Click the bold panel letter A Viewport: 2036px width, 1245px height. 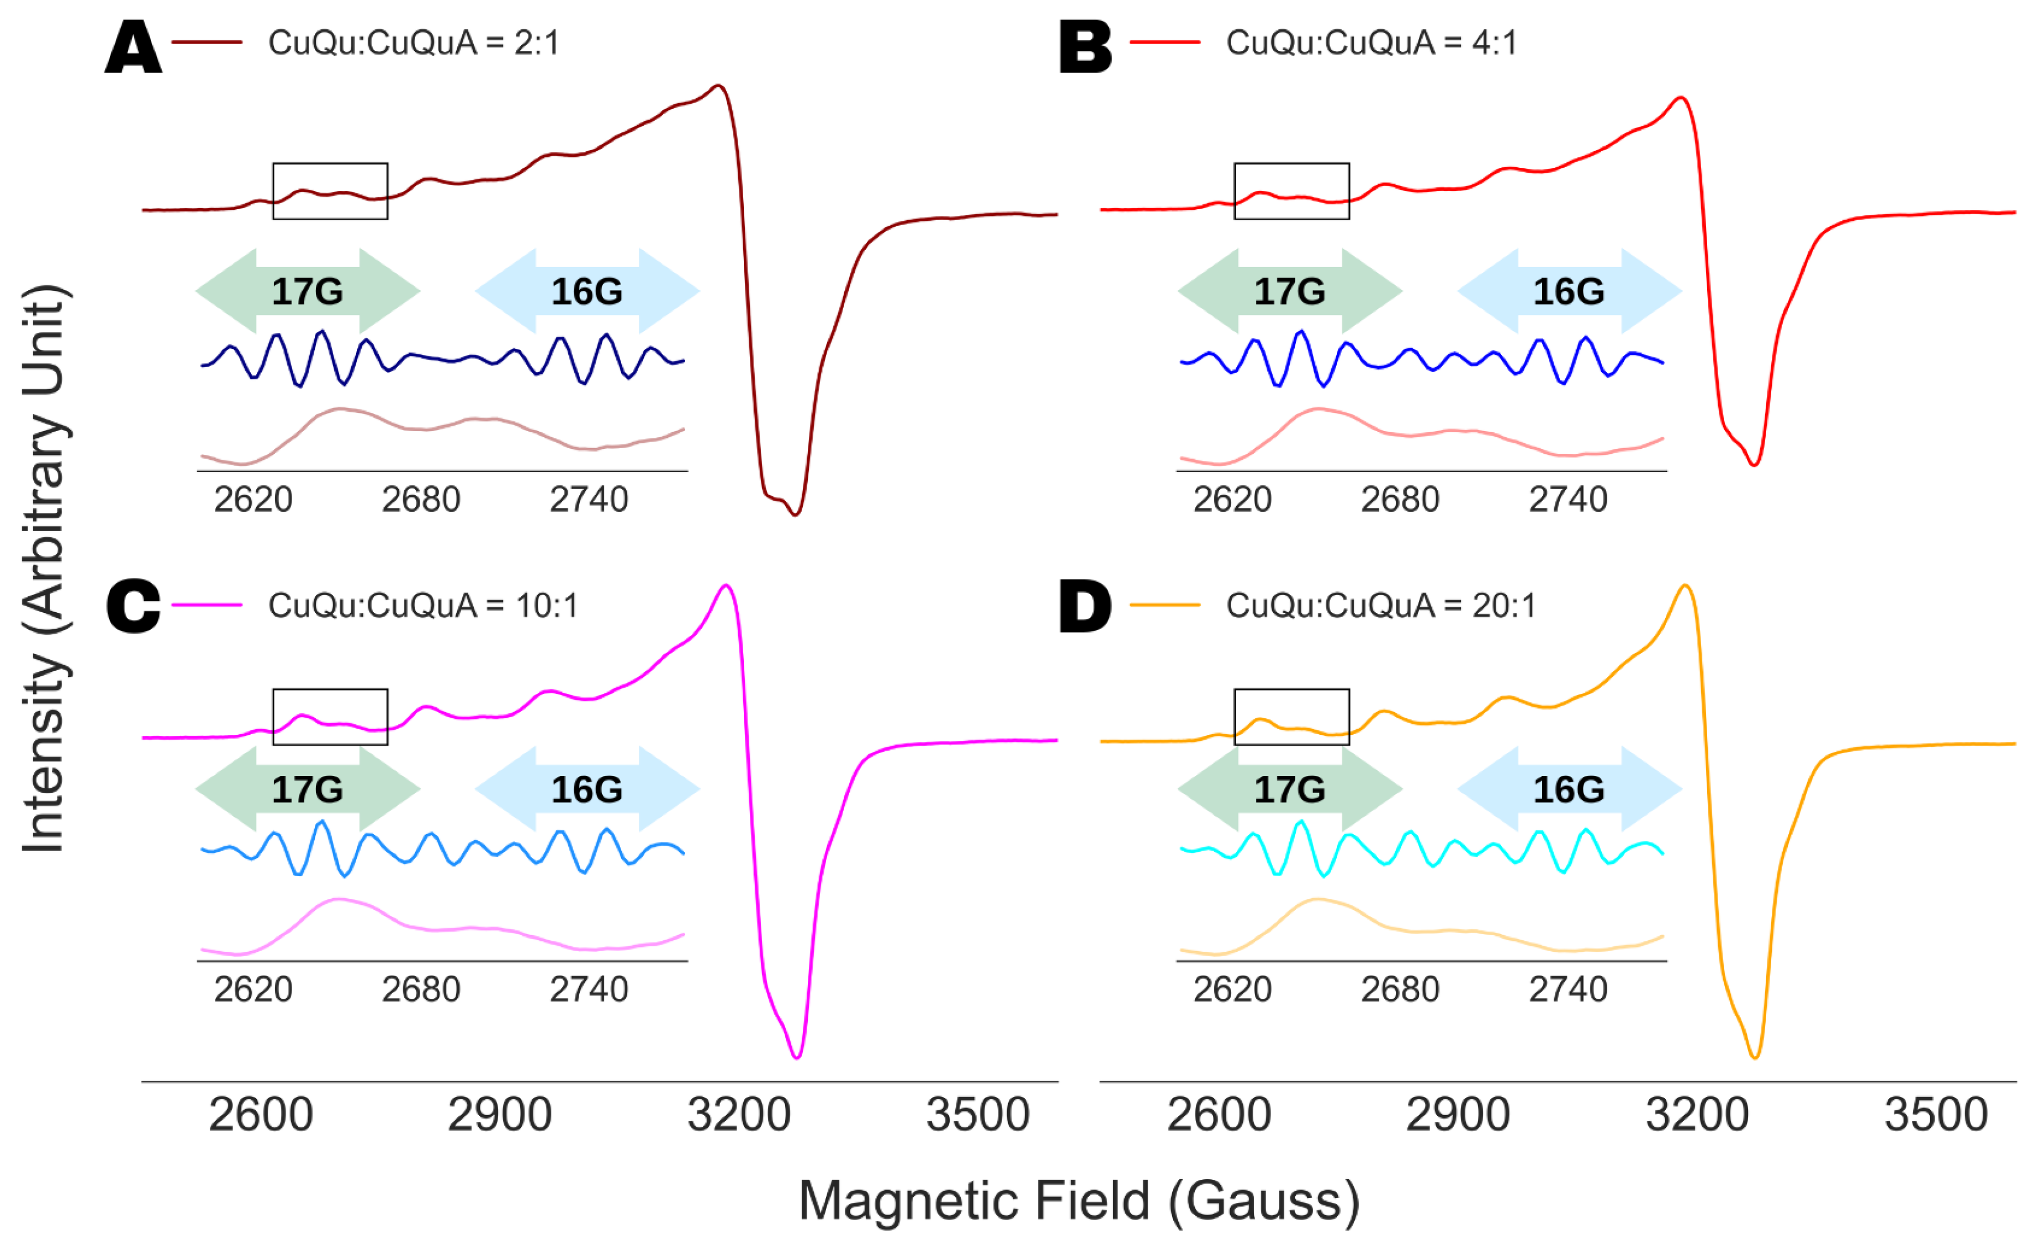click(x=133, y=47)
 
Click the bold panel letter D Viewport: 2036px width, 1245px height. click(x=1085, y=608)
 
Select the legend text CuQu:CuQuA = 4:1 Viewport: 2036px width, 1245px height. click(x=1372, y=43)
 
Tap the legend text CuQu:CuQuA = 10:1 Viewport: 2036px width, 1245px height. click(x=423, y=606)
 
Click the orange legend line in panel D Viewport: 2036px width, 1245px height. click(x=1165, y=606)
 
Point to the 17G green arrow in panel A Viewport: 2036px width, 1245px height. click(x=307, y=291)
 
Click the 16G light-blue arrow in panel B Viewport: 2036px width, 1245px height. click(x=1569, y=291)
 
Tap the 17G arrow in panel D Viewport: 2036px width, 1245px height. click(x=1290, y=789)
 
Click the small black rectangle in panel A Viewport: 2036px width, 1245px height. click(x=331, y=191)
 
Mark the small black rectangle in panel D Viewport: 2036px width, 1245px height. click(x=1291, y=717)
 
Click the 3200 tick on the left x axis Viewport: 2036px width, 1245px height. click(x=739, y=1114)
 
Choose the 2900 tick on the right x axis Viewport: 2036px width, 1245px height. click(x=1458, y=1114)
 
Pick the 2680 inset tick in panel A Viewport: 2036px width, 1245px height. click(x=420, y=500)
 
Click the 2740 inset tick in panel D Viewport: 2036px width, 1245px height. click(x=1568, y=990)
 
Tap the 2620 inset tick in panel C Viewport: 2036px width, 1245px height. click(x=253, y=990)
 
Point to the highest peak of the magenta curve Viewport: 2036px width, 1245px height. click(x=726, y=586)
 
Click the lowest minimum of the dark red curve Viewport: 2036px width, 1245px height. click(x=796, y=514)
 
